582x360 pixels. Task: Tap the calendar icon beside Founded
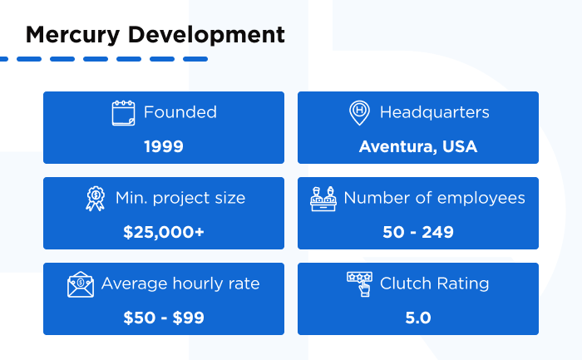pos(123,112)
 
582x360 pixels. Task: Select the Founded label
pos(180,112)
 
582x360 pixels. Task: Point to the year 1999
pos(164,146)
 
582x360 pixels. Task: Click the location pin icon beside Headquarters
pos(359,112)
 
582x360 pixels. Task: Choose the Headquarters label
pos(434,112)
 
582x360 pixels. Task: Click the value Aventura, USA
pos(418,146)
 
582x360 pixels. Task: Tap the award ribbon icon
pos(96,199)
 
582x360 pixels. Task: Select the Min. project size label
pos(180,199)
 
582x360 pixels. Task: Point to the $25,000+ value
pos(164,232)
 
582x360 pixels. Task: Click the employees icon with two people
pos(324,199)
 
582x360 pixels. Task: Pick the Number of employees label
pos(434,199)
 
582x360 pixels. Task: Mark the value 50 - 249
pos(418,232)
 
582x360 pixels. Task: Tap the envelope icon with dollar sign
pos(81,284)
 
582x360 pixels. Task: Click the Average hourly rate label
pos(180,284)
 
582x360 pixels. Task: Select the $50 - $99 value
pos(164,318)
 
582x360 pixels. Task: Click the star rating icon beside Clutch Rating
pos(359,284)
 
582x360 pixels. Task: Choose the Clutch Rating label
pos(434,284)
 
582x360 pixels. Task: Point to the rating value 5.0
pos(418,318)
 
